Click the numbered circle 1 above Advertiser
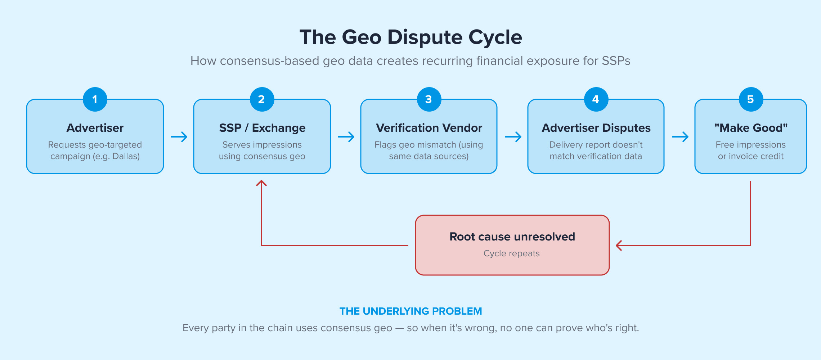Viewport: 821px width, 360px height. [x=95, y=99]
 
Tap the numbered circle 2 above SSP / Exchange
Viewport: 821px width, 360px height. [x=262, y=99]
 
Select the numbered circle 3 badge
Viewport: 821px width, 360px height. [x=429, y=99]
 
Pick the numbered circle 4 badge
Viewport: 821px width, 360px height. [x=596, y=99]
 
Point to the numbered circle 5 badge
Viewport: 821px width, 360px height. [x=751, y=99]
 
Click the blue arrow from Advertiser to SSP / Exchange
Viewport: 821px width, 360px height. [x=179, y=137]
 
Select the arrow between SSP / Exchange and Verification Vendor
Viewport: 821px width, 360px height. [x=346, y=137]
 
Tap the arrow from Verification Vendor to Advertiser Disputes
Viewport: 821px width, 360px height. [x=513, y=137]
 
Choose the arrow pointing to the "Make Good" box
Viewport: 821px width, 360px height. [x=680, y=137]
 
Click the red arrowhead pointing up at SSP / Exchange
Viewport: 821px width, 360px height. [x=261, y=183]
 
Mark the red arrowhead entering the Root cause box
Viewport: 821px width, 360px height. [x=619, y=246]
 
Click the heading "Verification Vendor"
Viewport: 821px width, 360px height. [x=429, y=128]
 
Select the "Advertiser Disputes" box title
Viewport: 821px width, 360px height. [x=596, y=128]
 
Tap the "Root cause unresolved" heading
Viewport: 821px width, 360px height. [x=512, y=237]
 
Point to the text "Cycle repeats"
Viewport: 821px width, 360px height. [x=511, y=253]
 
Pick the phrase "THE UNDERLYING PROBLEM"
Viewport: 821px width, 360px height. [x=410, y=311]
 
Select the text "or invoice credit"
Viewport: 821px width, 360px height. [x=750, y=156]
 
